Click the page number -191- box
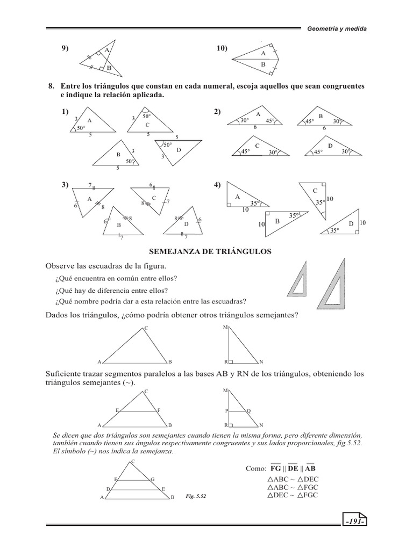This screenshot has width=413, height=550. (x=353, y=522)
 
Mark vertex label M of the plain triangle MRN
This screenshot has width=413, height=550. (x=225, y=327)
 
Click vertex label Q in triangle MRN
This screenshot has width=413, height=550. (x=248, y=410)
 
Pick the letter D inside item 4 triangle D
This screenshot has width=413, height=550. (x=351, y=223)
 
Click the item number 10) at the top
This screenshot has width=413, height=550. (x=222, y=49)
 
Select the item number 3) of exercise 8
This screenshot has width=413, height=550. (x=65, y=185)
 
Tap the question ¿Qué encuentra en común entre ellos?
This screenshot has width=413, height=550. (x=116, y=278)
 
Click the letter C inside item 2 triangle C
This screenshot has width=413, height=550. (x=257, y=146)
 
